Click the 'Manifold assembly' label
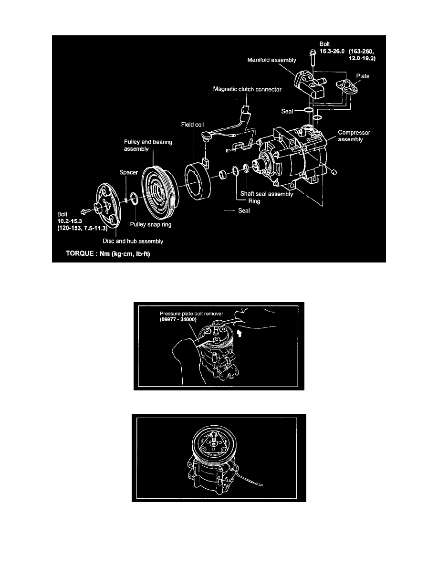(272, 60)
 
